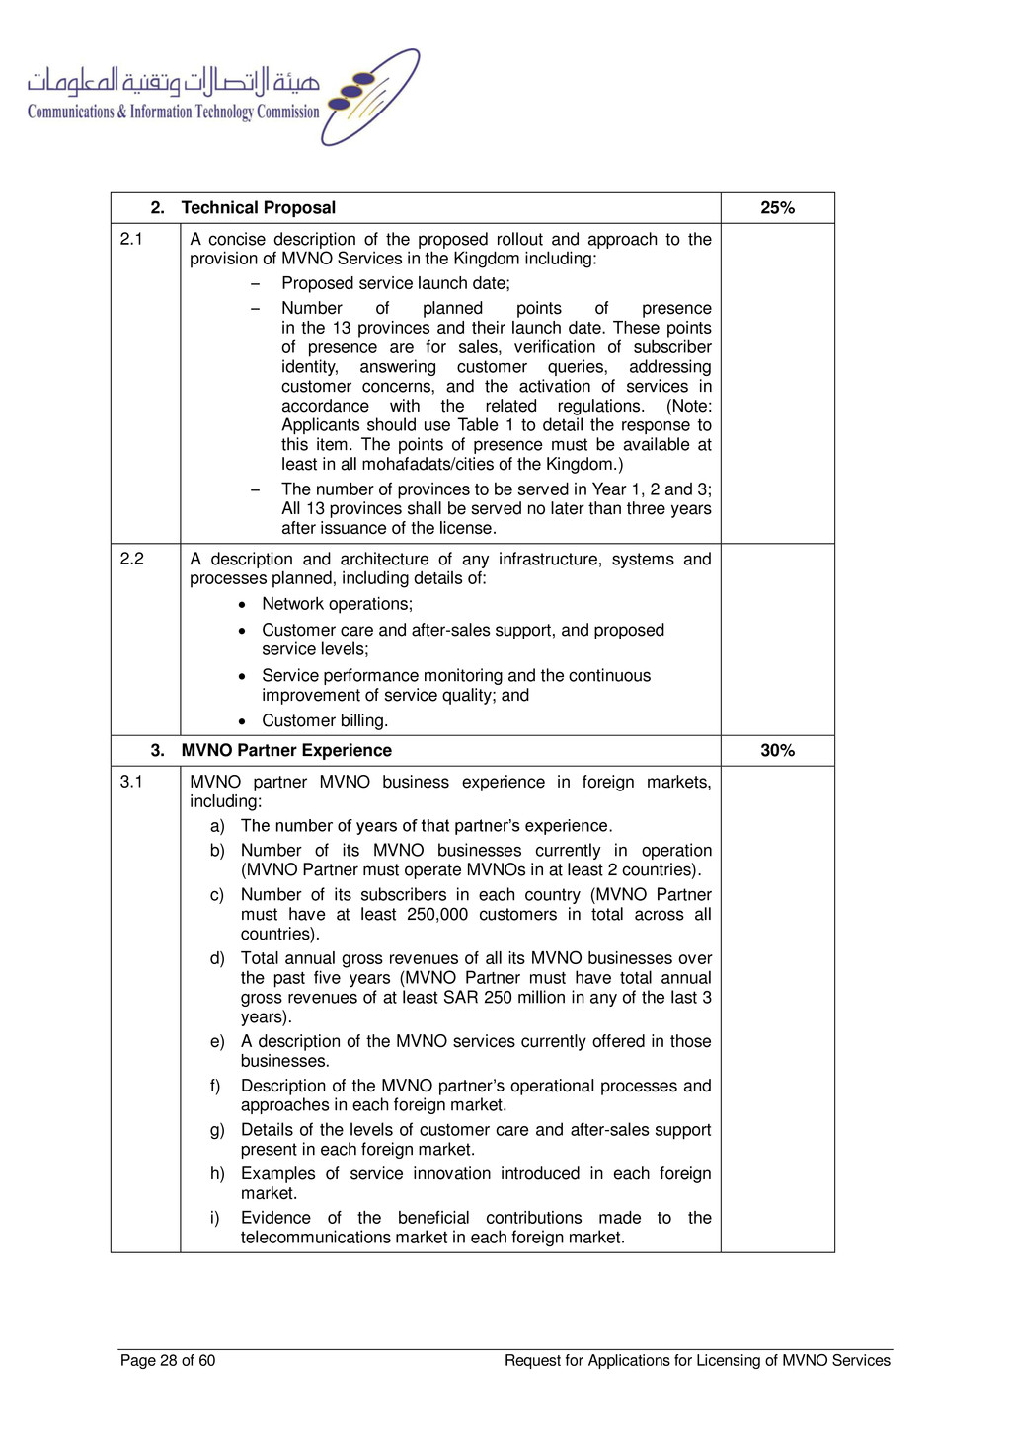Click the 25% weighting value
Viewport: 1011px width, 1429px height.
[x=777, y=208]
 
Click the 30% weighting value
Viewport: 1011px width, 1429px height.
[x=777, y=751]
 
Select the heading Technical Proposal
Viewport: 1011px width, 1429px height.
[x=258, y=208]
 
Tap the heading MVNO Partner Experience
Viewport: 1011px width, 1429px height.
[x=286, y=751]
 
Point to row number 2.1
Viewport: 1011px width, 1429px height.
[x=131, y=239]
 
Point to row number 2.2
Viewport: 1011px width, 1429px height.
[x=131, y=559]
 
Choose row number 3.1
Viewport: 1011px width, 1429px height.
[x=131, y=782]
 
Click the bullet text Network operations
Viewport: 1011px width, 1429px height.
[x=337, y=604]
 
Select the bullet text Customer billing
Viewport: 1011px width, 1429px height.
[x=325, y=721]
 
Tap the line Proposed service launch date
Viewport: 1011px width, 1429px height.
[x=396, y=284]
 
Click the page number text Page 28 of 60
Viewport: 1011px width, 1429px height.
[x=168, y=1361]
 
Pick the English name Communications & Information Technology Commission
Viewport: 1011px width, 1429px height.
[x=173, y=113]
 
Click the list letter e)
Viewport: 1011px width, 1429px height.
[x=217, y=1042]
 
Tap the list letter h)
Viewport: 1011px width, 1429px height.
[x=217, y=1174]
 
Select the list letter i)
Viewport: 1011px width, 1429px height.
[x=215, y=1219]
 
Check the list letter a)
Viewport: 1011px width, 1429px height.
[x=217, y=826]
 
